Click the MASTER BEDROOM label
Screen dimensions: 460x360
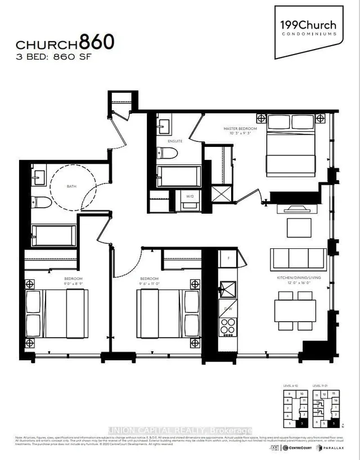240,129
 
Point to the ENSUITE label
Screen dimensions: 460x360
174,140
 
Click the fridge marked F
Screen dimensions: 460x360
229,260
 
